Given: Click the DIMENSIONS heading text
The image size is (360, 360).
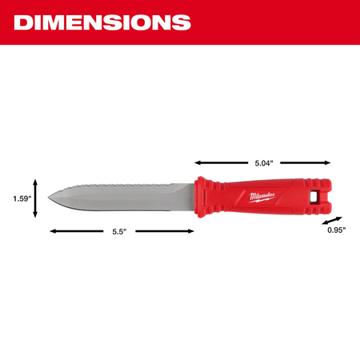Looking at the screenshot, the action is [102, 22].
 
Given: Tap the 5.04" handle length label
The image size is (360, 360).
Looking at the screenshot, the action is [264, 163].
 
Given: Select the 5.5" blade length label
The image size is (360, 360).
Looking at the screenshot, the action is [119, 231].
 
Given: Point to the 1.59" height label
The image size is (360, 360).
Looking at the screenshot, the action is [22, 198].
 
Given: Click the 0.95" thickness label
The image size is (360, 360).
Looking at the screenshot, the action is [337, 230].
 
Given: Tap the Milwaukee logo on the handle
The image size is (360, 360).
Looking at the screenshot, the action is [262, 198].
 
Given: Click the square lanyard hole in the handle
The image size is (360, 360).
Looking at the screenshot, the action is [314, 197].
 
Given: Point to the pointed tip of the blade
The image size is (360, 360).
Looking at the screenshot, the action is [48, 198].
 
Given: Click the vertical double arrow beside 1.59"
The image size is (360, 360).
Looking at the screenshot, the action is [35, 198].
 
